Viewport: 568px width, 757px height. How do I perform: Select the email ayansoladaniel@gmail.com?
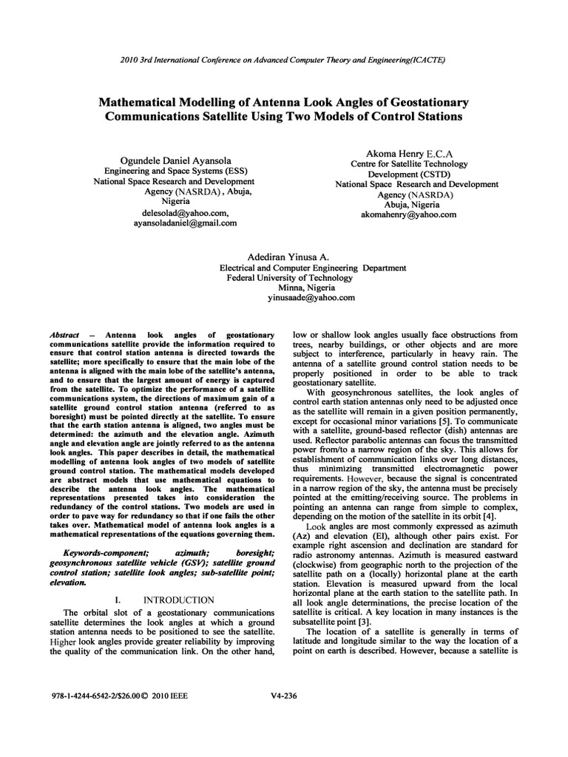point(185,222)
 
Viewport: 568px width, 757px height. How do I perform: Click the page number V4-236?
point(285,716)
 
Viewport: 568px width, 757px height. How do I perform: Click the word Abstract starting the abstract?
point(64,335)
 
